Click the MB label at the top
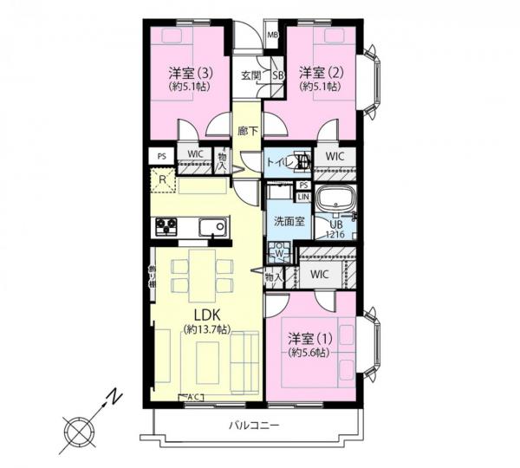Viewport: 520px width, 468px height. [x=272, y=35]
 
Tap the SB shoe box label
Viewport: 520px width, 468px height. [x=278, y=75]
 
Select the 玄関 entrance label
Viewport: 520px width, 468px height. [x=250, y=75]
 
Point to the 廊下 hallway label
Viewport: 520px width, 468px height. [x=247, y=131]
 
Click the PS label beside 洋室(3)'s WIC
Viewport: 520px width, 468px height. [x=161, y=156]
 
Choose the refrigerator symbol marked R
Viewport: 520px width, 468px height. [x=162, y=180]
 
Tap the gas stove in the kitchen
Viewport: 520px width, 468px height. [x=166, y=226]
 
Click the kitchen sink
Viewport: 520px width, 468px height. [x=211, y=228]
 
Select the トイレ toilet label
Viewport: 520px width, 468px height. [x=279, y=161]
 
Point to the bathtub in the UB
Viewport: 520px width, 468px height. [x=336, y=199]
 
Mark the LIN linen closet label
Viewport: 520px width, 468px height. [x=303, y=197]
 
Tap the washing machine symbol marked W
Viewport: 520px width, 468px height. [x=280, y=254]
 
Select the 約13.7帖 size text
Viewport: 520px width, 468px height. [x=206, y=329]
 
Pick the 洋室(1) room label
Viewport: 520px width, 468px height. [x=307, y=337]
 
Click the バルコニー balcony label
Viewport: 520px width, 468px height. [x=254, y=425]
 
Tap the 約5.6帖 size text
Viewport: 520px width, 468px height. [x=309, y=353]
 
